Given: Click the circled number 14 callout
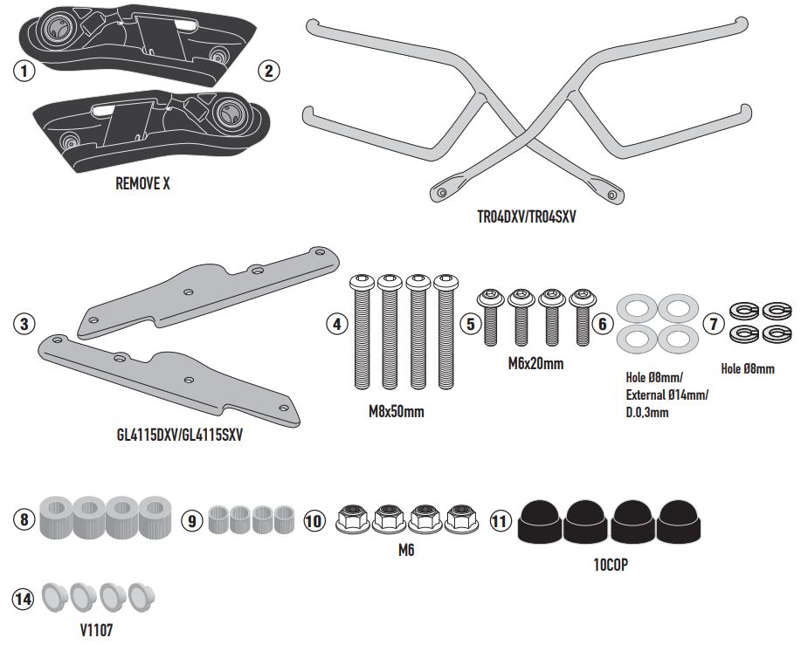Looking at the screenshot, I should (x=23, y=599).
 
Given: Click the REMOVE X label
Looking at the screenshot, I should (x=142, y=184).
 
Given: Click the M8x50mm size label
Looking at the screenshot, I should (x=396, y=411).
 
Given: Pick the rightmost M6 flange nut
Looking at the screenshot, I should (x=461, y=520).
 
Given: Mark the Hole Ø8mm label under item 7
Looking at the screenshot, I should (x=748, y=369).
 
